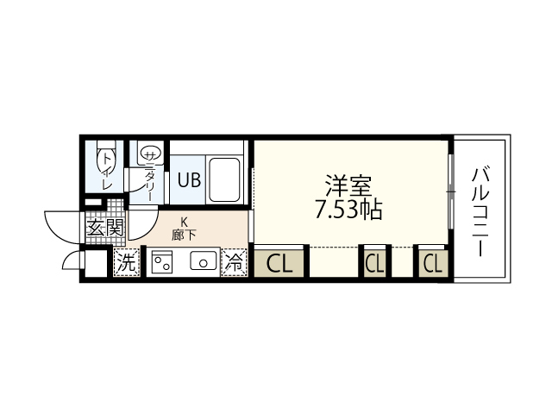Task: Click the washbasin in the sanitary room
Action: (x=148, y=154)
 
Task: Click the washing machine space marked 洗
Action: (x=127, y=264)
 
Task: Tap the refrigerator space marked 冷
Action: (x=234, y=264)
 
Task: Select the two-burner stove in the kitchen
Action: (x=161, y=263)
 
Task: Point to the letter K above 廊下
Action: (x=184, y=221)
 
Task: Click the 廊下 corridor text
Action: (x=184, y=234)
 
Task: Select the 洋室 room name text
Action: (x=348, y=185)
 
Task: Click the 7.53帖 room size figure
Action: (x=349, y=210)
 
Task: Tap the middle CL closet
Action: (x=374, y=263)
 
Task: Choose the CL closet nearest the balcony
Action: (x=433, y=263)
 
